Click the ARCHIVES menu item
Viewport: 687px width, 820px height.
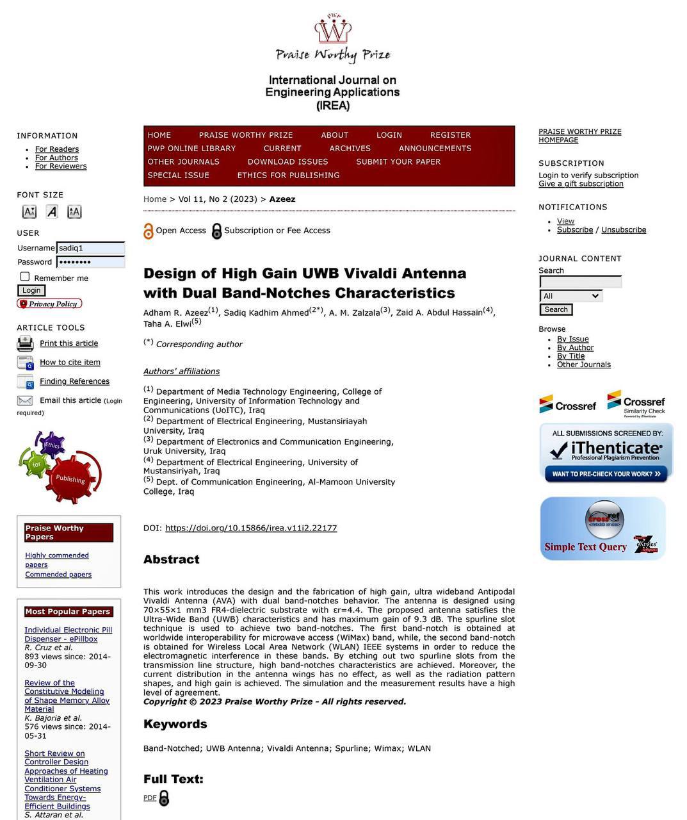(350, 149)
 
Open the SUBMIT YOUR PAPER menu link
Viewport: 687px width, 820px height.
(398, 162)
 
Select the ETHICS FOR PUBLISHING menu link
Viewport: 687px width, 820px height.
(288, 176)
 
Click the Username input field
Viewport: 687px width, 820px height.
(90, 248)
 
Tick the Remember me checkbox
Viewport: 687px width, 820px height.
(25, 277)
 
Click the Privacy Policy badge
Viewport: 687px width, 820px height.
(49, 304)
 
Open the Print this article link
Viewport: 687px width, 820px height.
(69, 343)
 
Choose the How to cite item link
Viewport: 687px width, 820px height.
(70, 363)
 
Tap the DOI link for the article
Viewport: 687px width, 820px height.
(251, 529)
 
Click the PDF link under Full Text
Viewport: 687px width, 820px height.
(150, 798)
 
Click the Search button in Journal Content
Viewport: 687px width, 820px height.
(556, 309)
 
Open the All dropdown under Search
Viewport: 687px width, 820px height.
(571, 296)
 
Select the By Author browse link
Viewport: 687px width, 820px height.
(575, 348)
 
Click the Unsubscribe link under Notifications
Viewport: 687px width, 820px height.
(624, 230)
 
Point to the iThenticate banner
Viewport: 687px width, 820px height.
(606, 452)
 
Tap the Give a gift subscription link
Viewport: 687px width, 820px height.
(581, 184)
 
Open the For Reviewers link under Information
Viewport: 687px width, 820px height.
(61, 167)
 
